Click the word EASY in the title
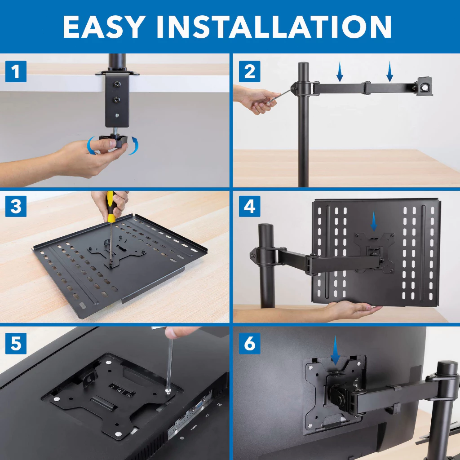pyautogui.click(x=107, y=27)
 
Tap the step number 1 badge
pyautogui.click(x=16, y=72)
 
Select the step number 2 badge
pyautogui.click(x=250, y=72)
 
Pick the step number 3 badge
pyautogui.click(x=16, y=206)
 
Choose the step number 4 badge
pyautogui.click(x=250, y=206)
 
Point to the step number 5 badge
pyautogui.click(x=16, y=344)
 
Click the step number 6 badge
pyautogui.click(x=250, y=344)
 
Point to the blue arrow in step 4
pyautogui.click(x=373, y=221)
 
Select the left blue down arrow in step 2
pyautogui.click(x=340, y=72)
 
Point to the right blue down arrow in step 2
pyautogui.click(x=389, y=72)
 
